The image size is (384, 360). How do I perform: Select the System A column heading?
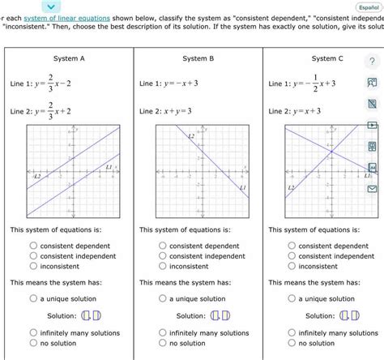(69, 58)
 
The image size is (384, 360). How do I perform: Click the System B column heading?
(198, 58)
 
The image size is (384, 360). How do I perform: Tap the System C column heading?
(327, 58)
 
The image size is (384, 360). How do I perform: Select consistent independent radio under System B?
(163, 256)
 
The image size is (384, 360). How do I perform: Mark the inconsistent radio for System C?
(292, 266)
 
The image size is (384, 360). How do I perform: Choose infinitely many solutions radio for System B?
(163, 332)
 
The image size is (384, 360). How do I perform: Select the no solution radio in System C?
(292, 343)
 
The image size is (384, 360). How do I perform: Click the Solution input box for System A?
(90, 315)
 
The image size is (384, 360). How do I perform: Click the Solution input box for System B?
(220, 315)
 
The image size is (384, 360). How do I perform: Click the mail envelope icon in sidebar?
(372, 189)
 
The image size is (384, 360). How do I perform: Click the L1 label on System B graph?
(241, 189)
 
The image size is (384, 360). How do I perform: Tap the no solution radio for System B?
(163, 343)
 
